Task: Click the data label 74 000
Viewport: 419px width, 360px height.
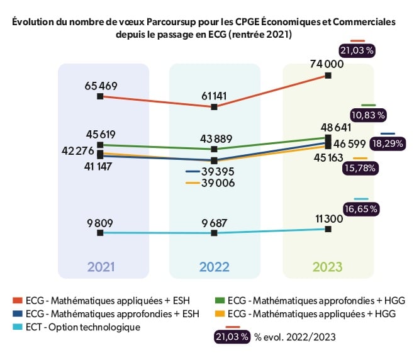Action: pyautogui.click(x=327, y=64)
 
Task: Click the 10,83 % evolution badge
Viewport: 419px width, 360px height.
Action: pyautogui.click(x=369, y=115)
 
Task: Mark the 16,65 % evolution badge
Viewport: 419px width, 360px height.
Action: pyautogui.click(x=361, y=208)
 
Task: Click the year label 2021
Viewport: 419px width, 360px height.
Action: pyautogui.click(x=101, y=266)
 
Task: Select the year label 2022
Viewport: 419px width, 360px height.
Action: pyautogui.click(x=215, y=266)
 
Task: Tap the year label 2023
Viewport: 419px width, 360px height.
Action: pyautogui.click(x=328, y=266)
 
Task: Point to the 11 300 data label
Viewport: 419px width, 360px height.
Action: pyautogui.click(x=328, y=218)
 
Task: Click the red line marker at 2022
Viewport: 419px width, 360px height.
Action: pyautogui.click(x=215, y=107)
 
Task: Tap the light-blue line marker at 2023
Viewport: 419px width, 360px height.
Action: pyautogui.click(x=328, y=229)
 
